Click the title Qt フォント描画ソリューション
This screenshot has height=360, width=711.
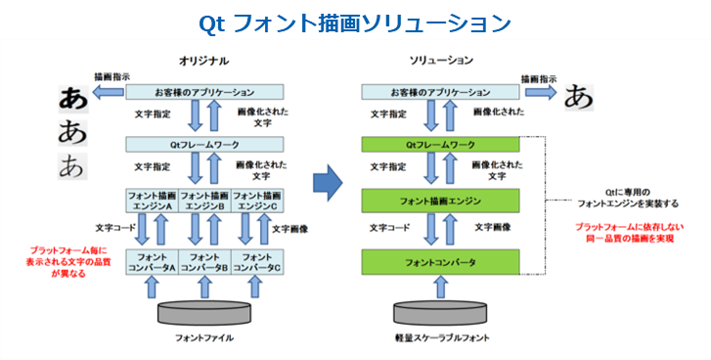point(355,21)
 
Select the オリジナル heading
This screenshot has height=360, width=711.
point(204,61)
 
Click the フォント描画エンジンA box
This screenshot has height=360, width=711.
point(152,201)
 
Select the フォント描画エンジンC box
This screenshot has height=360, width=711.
point(257,201)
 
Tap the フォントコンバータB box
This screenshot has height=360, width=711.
point(204,262)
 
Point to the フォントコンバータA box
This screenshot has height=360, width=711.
point(152,262)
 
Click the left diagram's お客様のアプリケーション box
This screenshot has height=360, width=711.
point(204,92)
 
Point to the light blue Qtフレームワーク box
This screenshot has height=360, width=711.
point(204,145)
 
